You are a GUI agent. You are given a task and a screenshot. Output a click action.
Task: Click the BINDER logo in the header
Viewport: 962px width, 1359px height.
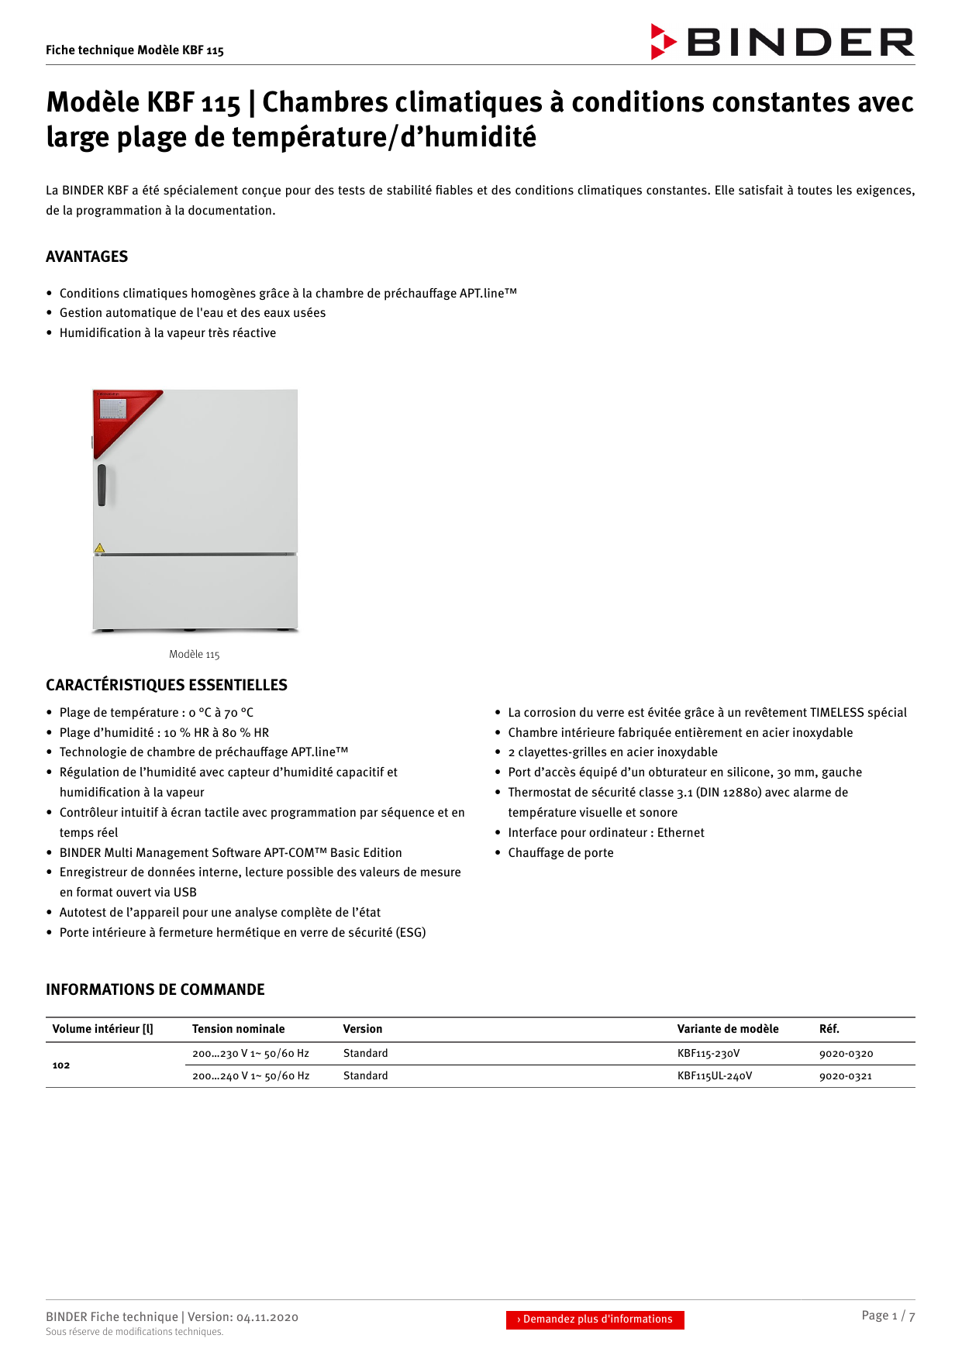782,42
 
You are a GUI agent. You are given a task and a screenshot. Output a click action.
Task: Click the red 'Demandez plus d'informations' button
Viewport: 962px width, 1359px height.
595,1319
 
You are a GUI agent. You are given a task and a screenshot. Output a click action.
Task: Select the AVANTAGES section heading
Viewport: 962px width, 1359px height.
87,256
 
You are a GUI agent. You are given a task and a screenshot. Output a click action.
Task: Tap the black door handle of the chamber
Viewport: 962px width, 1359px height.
102,485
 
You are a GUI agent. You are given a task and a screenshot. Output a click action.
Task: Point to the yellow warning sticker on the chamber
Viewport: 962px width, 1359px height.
99,549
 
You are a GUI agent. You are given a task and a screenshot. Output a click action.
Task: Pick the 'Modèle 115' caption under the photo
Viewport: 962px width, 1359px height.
195,655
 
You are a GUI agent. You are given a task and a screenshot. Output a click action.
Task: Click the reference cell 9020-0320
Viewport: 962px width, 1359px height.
846,1054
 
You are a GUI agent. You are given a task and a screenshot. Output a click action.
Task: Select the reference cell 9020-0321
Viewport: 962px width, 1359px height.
846,1076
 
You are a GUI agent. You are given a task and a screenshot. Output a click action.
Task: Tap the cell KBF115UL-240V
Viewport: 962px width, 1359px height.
715,1076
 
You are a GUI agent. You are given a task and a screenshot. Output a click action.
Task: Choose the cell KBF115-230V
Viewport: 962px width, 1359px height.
709,1054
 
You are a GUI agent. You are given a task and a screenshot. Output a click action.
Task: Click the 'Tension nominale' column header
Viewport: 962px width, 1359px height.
238,1029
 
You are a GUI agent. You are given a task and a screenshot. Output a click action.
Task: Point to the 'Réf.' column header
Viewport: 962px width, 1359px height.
829,1029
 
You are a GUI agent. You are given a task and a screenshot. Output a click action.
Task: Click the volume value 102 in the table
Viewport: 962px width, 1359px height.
61,1065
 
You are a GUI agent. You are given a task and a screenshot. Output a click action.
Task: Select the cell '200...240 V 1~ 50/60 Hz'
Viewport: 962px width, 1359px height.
250,1076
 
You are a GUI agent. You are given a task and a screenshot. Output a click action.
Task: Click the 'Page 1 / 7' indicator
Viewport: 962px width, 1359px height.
888,1316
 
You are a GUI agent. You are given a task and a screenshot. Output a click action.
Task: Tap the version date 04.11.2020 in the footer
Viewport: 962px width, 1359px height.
267,1317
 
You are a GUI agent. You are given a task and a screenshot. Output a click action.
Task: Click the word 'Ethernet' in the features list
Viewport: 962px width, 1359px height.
681,833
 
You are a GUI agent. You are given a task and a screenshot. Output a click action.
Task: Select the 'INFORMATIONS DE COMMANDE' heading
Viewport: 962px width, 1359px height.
155,989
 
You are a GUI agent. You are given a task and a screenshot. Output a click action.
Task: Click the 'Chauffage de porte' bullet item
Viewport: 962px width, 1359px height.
560,853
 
